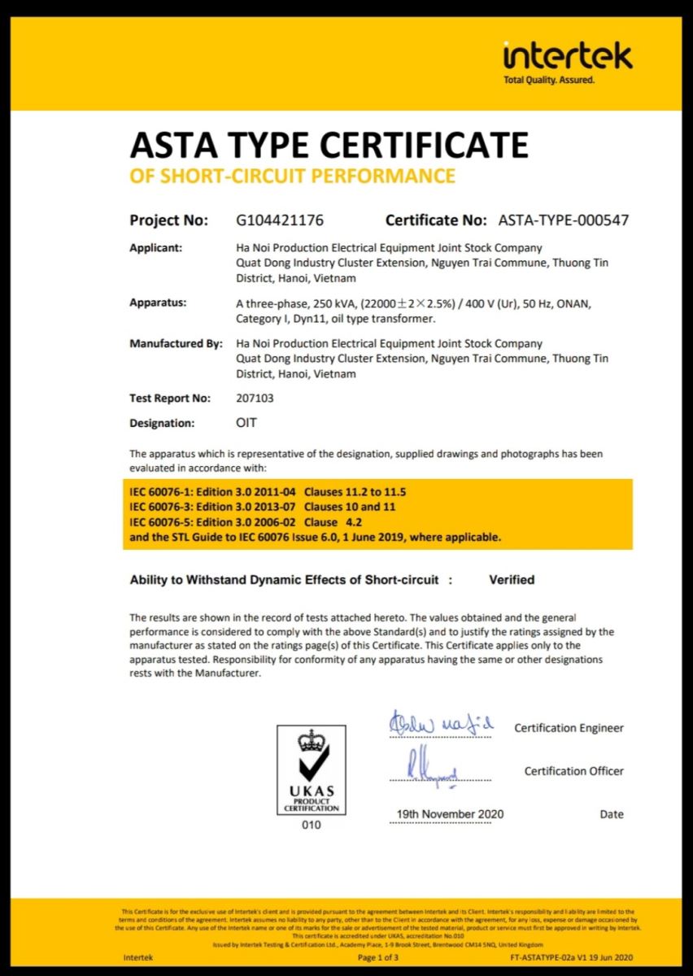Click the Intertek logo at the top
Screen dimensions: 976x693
(x=567, y=56)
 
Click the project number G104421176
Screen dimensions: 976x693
(x=280, y=220)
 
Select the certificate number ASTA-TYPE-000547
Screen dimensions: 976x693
(x=563, y=220)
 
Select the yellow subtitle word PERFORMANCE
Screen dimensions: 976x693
(x=386, y=176)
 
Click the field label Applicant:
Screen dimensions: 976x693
(x=156, y=248)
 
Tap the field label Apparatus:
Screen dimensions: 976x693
(x=158, y=303)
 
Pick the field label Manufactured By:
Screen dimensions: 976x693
(x=176, y=344)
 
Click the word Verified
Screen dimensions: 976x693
(x=512, y=580)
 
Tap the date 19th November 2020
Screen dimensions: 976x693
(x=450, y=814)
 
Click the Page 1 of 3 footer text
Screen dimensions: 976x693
(x=378, y=958)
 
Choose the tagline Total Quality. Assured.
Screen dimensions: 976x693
(x=549, y=81)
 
